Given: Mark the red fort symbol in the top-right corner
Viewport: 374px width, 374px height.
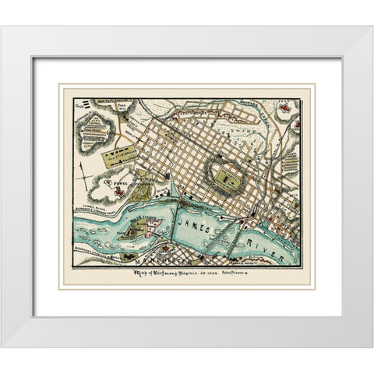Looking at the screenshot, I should pos(286,107).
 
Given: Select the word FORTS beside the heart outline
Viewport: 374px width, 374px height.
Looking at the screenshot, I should pos(118,185).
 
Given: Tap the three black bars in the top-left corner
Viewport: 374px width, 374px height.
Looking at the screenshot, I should pos(95,105).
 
